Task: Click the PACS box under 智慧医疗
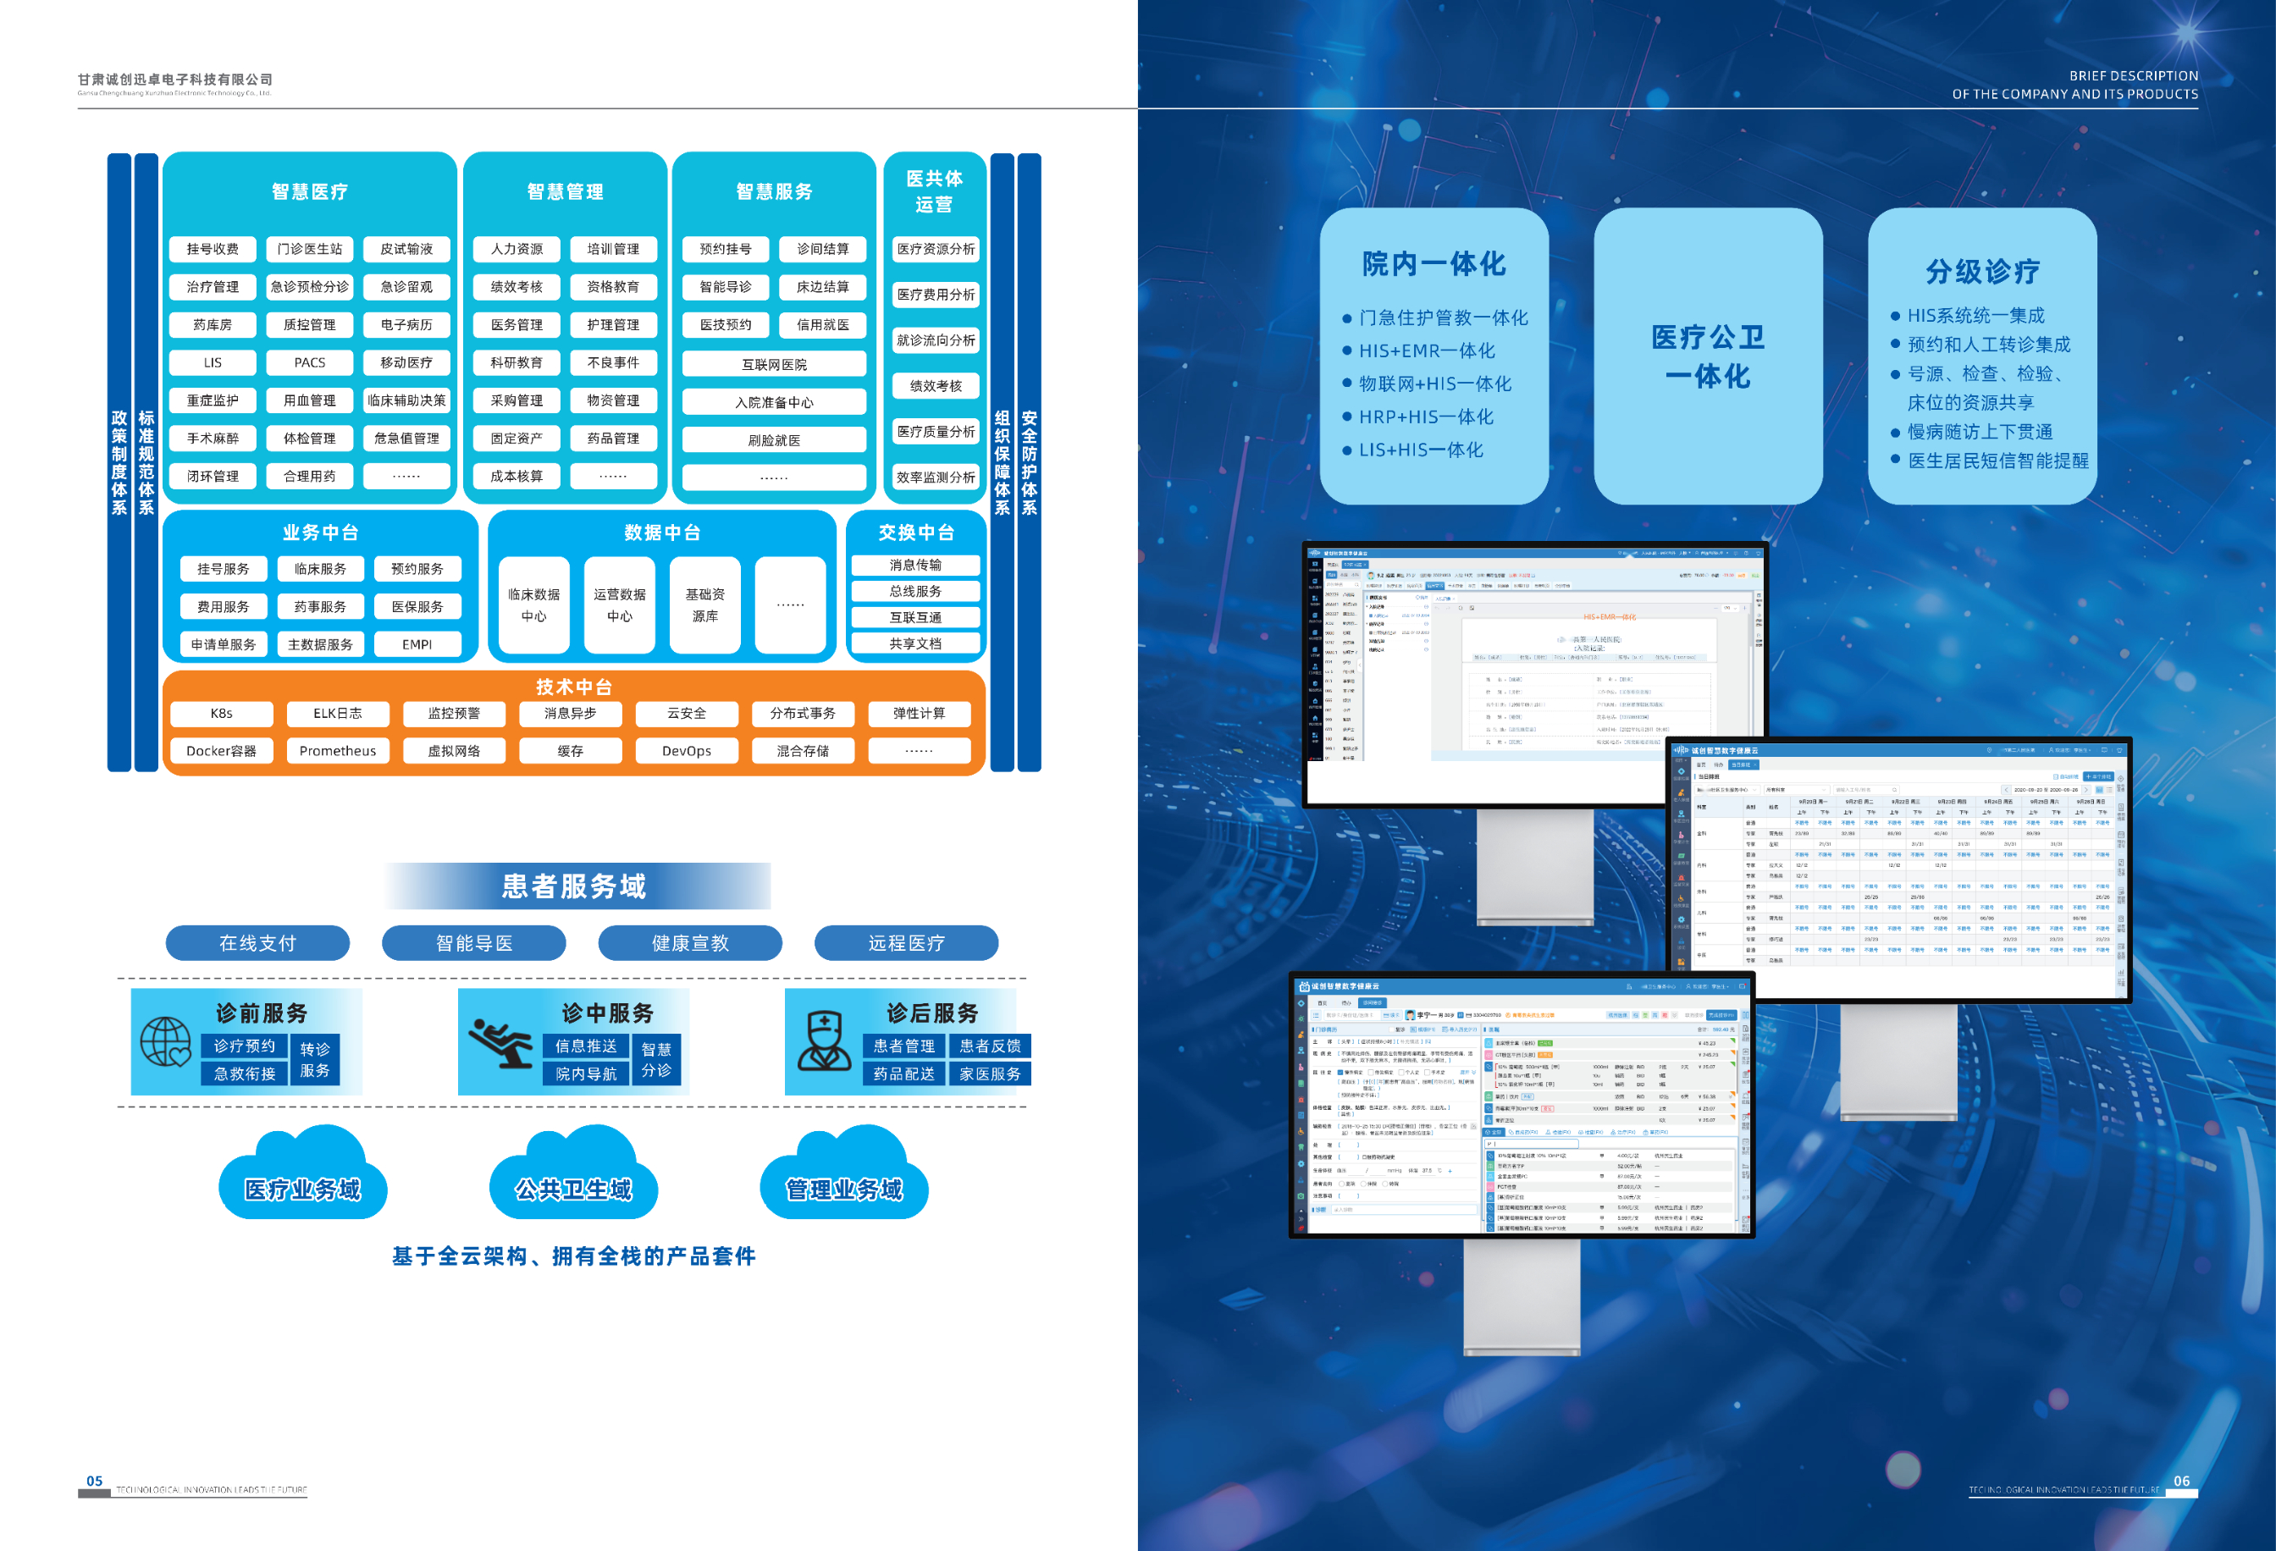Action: click(309, 362)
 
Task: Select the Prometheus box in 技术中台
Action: click(338, 751)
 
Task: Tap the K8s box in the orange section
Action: click(221, 713)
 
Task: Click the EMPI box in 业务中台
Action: click(417, 644)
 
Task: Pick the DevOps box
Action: click(687, 751)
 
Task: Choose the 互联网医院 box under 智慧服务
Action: click(774, 364)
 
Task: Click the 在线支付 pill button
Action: click(257, 943)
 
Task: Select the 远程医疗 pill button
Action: click(906, 943)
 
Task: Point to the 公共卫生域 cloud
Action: click(574, 1189)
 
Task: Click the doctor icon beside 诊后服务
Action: click(824, 1042)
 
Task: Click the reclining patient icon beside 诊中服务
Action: click(500, 1042)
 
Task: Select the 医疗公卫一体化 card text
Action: click(1708, 356)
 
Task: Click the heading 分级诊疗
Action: click(1982, 271)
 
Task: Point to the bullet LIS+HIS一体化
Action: click(1420, 450)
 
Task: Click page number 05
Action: click(95, 1481)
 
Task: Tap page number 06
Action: click(2182, 1481)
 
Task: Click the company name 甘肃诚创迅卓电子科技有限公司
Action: click(175, 80)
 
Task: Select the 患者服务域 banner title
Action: click(574, 886)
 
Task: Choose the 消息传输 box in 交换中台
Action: click(915, 565)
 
